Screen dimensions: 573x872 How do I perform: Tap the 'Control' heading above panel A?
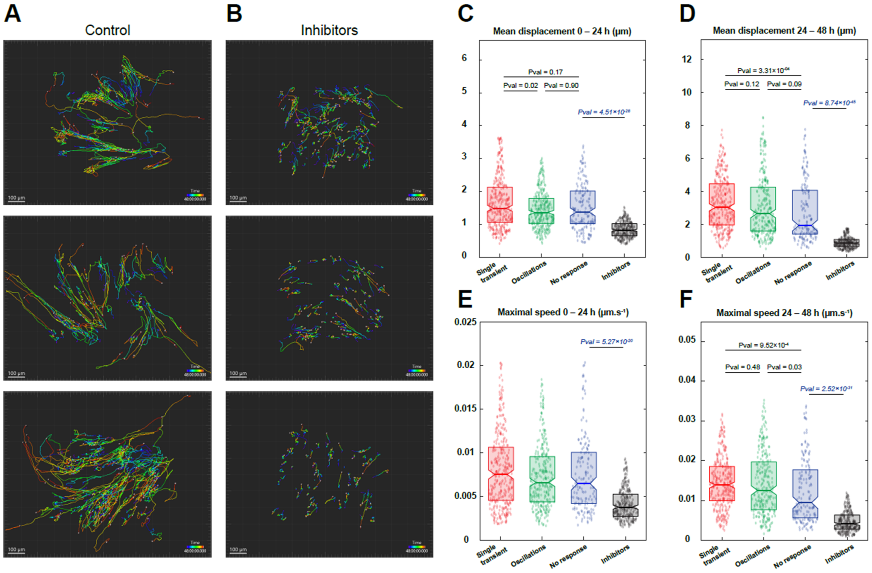pos(107,30)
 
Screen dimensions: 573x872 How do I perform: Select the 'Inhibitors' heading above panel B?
pos(329,30)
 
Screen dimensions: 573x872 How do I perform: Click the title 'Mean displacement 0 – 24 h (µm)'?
pos(562,31)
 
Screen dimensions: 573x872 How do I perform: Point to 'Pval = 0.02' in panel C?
pos(520,86)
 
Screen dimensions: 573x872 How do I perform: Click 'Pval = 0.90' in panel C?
pos(561,86)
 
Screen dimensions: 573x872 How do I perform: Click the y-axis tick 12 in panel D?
pos(686,59)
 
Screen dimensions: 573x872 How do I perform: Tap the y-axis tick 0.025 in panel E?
pos(465,322)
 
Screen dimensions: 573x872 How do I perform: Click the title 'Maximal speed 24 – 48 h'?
pos(784,313)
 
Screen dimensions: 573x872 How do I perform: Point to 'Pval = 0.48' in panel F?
pos(742,367)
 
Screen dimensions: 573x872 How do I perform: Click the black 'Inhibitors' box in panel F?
pos(847,522)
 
